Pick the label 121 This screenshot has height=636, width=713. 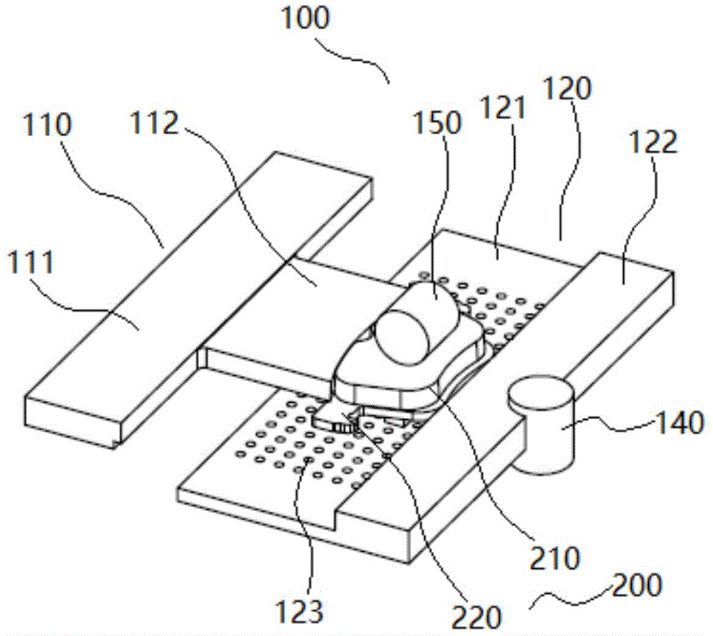503,108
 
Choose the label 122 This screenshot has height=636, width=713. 650,143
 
